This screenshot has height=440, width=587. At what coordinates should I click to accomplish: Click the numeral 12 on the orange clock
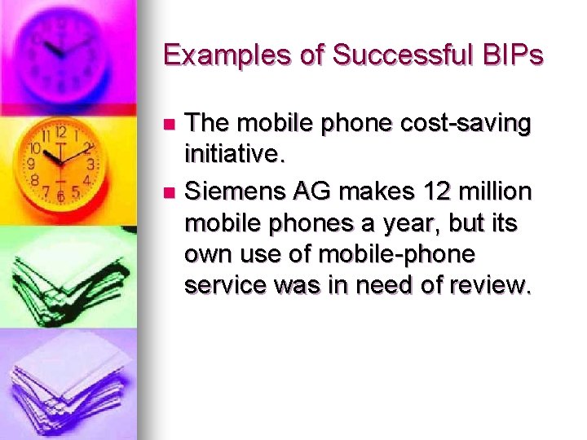[x=60, y=133]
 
